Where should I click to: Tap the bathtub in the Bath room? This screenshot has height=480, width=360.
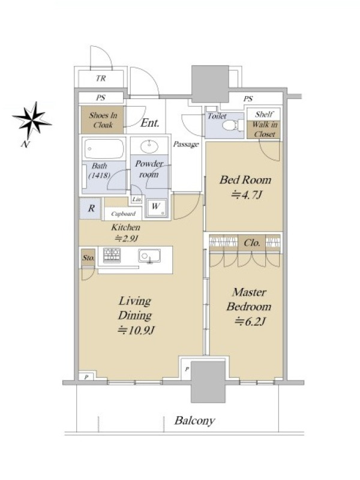104,149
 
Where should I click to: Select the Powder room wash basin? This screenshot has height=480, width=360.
149,146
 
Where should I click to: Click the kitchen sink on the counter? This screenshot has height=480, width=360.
149,256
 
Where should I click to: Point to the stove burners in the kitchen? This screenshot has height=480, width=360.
112,255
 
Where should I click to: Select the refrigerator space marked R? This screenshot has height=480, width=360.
91,208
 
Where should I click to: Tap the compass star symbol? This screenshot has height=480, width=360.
32,121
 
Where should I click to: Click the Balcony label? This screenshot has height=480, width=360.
194,421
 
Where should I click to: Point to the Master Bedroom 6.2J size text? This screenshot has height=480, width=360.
250,322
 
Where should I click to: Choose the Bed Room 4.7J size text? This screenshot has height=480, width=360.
247,194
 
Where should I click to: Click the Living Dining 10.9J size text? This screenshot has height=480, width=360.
136,331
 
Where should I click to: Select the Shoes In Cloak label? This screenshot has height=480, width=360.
103,120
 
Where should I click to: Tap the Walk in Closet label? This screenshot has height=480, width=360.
265,129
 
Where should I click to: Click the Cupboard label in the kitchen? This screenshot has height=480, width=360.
123,214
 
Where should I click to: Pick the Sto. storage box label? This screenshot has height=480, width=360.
88,258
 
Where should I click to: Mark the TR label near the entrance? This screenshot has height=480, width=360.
101,79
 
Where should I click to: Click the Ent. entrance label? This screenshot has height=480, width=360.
149,123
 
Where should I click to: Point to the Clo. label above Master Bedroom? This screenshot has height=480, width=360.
252,243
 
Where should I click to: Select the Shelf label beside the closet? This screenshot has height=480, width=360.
264,115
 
